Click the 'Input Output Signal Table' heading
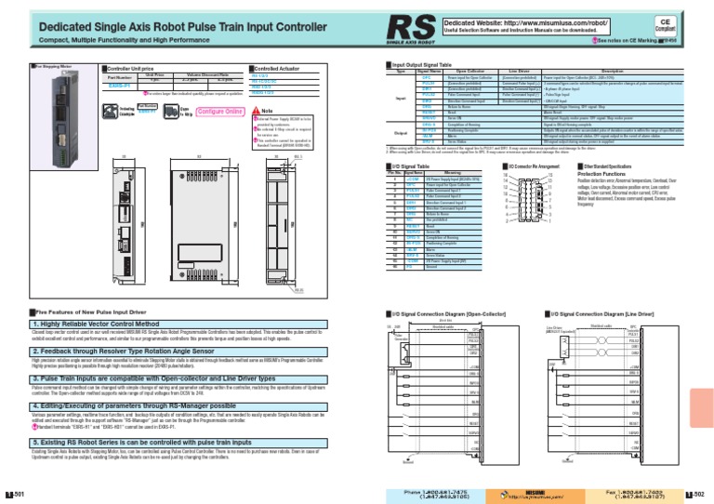click(x=429, y=65)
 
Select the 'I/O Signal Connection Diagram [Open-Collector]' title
click(x=447, y=315)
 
